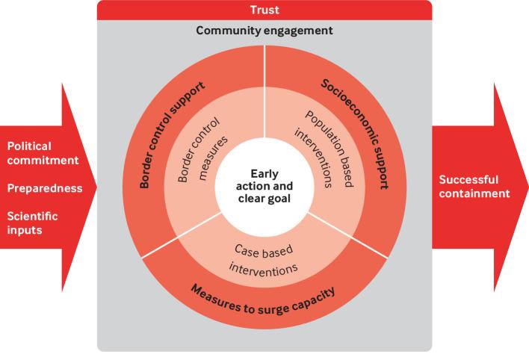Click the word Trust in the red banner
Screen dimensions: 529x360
pos(264,10)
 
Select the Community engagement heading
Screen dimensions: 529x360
pos(264,31)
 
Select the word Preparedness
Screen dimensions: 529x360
pos(44,188)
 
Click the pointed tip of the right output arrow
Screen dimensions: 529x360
pos(527,186)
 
